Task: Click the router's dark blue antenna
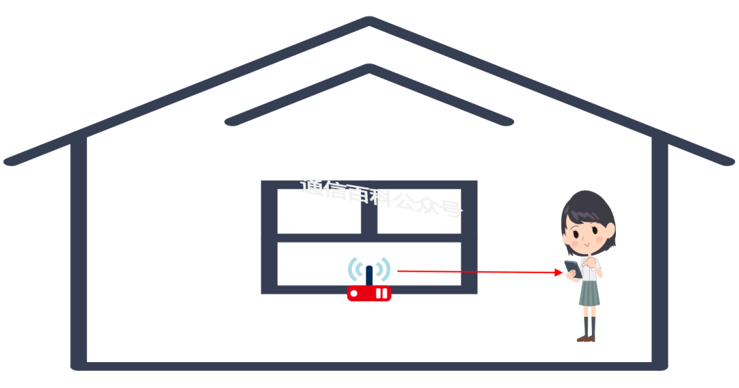click(369, 274)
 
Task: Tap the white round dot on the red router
click(354, 294)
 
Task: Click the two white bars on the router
click(381, 294)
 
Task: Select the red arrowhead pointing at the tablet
click(559, 272)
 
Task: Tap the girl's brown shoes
click(586, 338)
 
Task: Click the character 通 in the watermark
click(311, 186)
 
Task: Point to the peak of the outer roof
click(369, 21)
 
